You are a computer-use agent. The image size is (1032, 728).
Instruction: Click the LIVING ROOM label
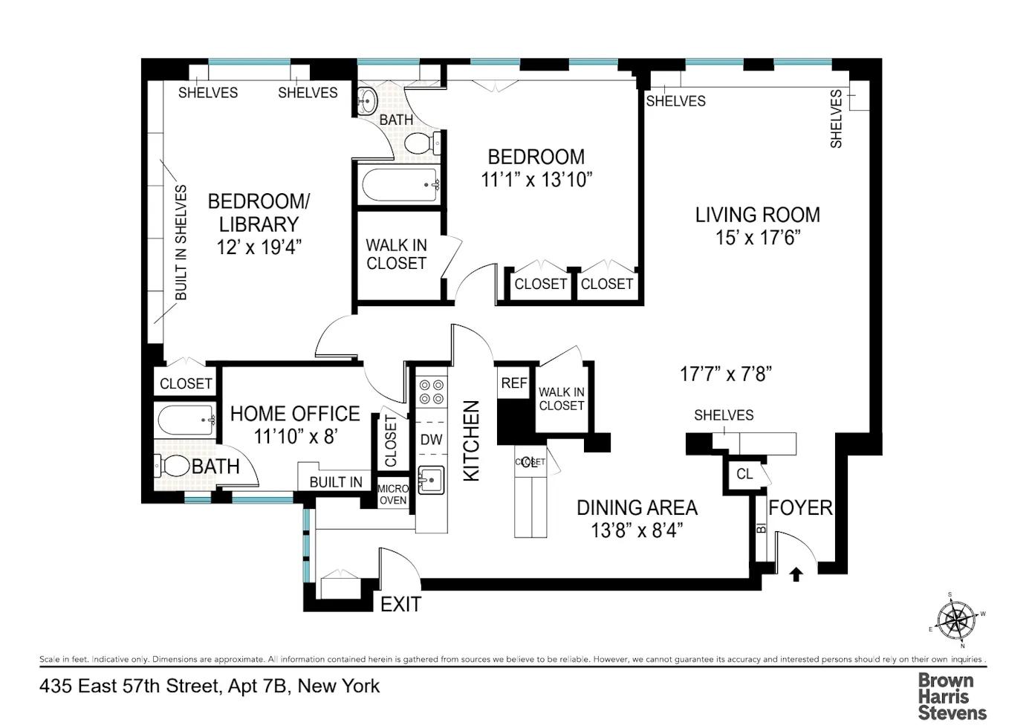point(757,215)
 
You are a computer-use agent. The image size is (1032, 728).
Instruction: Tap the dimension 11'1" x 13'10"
point(536,180)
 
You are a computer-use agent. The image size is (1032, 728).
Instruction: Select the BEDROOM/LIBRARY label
point(259,212)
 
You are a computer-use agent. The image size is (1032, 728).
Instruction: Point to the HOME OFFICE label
point(295,414)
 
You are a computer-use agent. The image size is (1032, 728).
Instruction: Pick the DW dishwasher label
point(432,440)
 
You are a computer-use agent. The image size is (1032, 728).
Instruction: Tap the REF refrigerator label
point(514,383)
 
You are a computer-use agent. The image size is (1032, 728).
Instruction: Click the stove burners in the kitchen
point(432,392)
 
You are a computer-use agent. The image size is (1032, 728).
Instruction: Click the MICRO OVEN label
point(393,494)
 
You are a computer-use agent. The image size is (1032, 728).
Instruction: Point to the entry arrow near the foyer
point(796,573)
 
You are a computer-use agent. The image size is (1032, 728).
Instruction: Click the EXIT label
point(400,605)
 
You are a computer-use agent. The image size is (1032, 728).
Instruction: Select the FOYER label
point(800,508)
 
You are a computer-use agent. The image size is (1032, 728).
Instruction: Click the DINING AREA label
point(637,508)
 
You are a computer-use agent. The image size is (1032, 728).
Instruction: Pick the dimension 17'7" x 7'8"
point(726,374)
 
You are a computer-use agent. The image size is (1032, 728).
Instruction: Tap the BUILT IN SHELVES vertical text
point(181,243)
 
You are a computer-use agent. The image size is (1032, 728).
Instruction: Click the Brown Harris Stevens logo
point(952,696)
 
